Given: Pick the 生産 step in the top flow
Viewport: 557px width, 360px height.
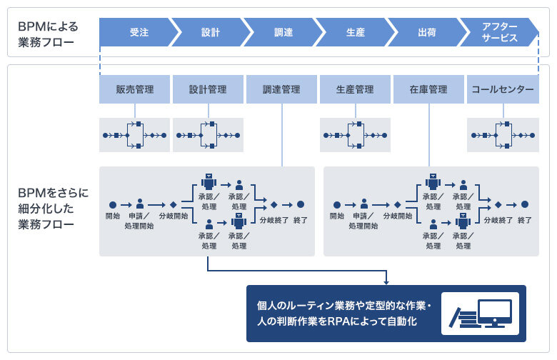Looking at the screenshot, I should coord(353,32).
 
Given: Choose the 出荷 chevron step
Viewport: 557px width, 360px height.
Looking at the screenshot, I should coord(426,32).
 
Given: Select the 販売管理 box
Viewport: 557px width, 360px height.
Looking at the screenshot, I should coord(135,90).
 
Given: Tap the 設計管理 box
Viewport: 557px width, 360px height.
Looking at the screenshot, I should coord(208,90).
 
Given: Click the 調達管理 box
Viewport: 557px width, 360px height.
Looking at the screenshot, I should coord(281,90).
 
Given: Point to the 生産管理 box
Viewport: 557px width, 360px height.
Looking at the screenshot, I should coord(355,90).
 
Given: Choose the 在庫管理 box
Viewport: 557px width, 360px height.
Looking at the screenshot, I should coord(428,90).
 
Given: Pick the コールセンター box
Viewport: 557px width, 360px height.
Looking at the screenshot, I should coord(503,90).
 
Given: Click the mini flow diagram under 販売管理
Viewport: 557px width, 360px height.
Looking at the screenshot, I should coord(135,134).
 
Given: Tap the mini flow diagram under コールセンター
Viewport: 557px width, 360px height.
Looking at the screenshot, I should coord(503,134).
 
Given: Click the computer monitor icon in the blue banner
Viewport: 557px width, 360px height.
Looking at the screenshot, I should coord(494,312).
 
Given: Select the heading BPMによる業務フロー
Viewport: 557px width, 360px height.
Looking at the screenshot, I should coord(49,32).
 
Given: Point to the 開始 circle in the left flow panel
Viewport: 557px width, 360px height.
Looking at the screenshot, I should coord(113,204).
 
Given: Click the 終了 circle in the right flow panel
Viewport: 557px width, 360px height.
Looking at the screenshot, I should coord(525,204).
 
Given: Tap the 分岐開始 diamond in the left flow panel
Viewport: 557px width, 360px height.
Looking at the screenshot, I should coord(173,204).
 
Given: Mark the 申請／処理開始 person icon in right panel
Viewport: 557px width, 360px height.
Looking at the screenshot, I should coord(364,204).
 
